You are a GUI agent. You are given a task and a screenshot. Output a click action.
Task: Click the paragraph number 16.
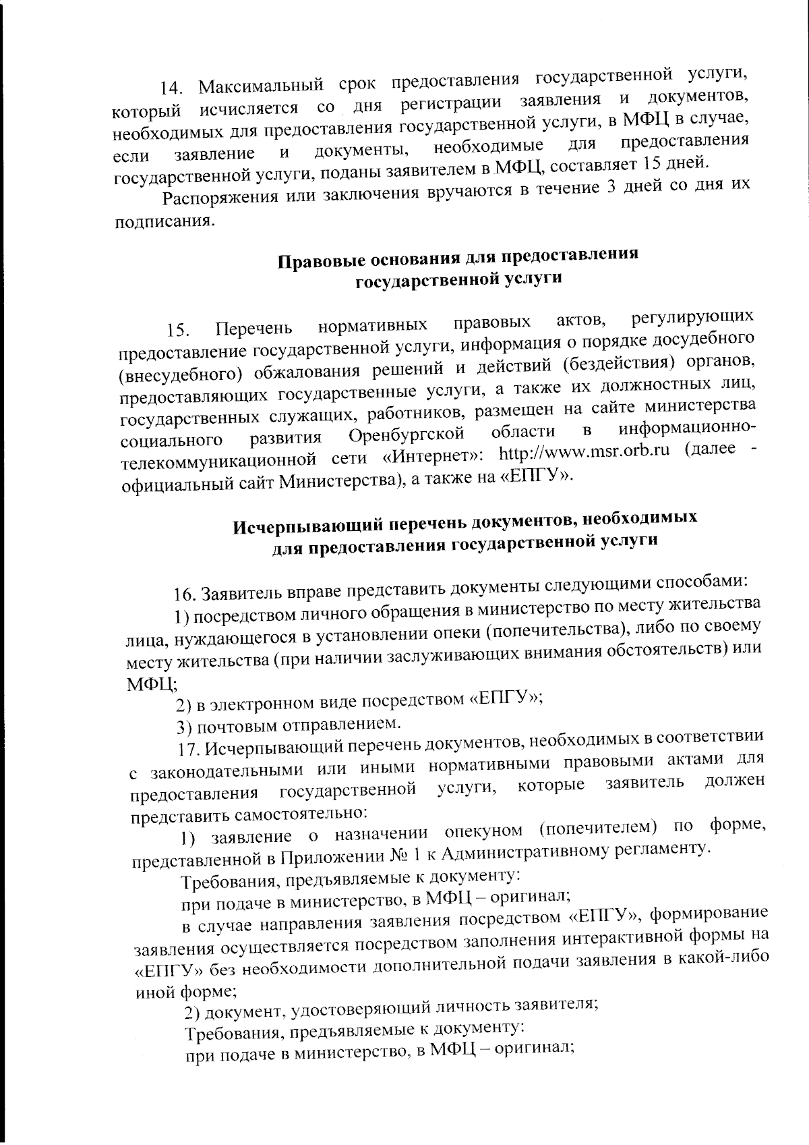click(183, 595)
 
